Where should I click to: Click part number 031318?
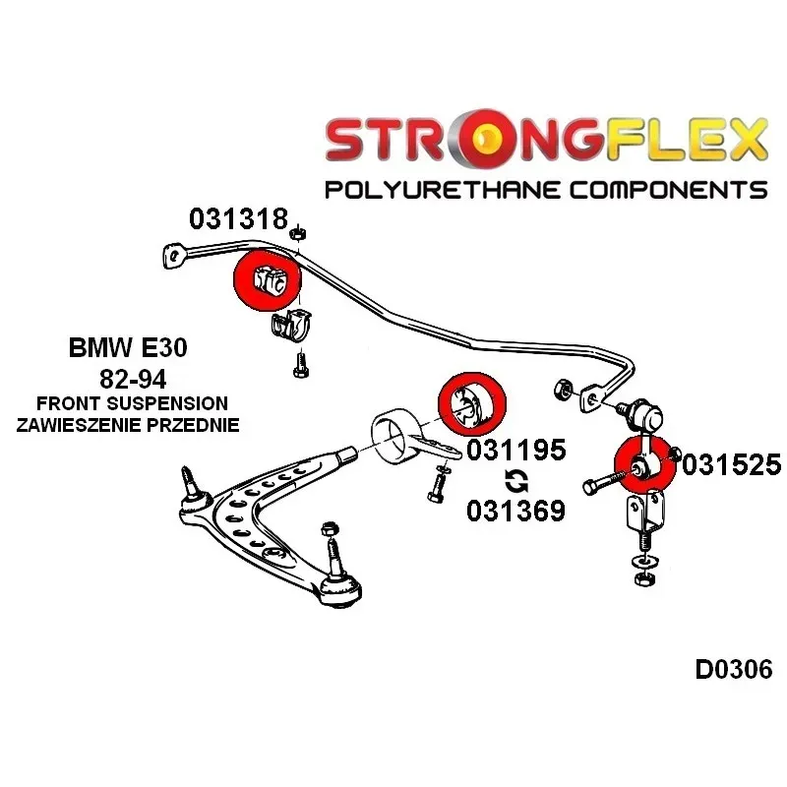[x=239, y=218]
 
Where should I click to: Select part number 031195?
[x=515, y=450]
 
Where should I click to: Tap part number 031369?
[x=515, y=511]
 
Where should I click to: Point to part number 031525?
[x=732, y=464]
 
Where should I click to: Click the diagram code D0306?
[x=733, y=669]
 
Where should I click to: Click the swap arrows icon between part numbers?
[x=516, y=480]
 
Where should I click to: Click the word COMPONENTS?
[x=668, y=190]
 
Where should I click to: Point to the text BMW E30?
[x=128, y=347]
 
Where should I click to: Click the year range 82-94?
[x=133, y=379]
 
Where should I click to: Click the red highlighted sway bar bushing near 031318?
[x=268, y=280]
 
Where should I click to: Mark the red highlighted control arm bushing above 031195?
[x=472, y=404]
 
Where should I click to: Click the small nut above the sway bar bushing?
[x=298, y=233]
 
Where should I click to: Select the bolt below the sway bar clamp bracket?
[x=301, y=364]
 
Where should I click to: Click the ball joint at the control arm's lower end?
[x=339, y=588]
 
